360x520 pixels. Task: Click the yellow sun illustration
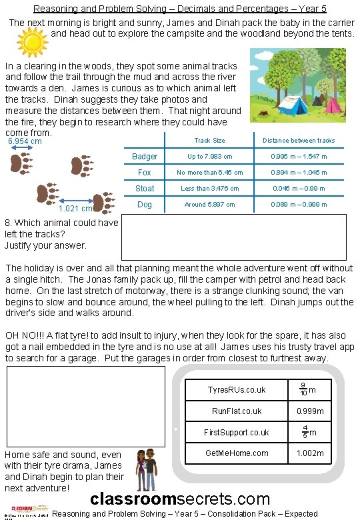30,43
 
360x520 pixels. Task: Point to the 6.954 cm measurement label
25,141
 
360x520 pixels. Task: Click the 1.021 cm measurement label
76,209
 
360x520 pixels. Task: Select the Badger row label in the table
145,157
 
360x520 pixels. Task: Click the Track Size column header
209,141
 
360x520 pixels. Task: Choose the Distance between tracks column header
299,141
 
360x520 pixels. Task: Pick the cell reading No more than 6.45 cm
209,173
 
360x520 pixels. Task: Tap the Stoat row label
145,189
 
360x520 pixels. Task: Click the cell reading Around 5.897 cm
209,205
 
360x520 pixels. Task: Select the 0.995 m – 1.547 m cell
299,157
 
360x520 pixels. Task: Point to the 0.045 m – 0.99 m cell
299,189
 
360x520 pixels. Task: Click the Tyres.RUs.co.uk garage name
237,390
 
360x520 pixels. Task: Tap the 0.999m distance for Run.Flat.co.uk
310,411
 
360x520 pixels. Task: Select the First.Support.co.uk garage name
237,432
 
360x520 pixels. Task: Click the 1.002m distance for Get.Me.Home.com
310,453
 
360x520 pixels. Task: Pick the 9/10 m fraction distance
307,389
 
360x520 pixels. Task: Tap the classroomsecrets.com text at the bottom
180,499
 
